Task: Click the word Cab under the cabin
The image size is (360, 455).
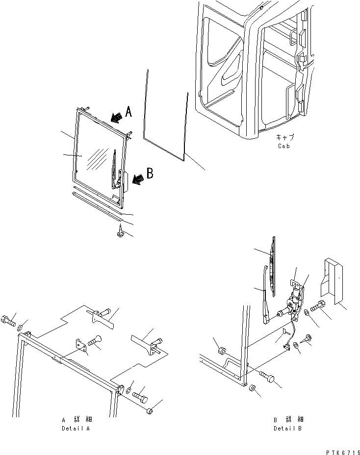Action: pos(283,146)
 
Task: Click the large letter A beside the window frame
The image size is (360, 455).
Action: pos(129,112)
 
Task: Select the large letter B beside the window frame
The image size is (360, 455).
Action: pos(150,173)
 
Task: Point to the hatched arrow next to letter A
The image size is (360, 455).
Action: pos(116,117)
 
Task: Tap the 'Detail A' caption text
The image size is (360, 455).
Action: pos(76,428)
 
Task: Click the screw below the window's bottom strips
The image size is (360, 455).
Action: pos(120,233)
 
